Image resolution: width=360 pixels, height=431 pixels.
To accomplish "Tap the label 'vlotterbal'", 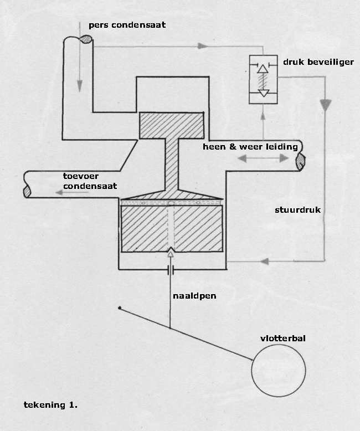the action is [283, 338].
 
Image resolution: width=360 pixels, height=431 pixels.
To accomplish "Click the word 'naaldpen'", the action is [194, 296].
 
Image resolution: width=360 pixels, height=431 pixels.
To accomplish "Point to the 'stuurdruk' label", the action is [297, 210].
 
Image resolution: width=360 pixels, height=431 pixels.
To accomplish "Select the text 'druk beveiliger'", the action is [318, 62].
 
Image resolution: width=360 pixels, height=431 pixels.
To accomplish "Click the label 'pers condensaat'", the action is [127, 25].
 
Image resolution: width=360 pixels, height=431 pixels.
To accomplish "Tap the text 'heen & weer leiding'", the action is [250, 147].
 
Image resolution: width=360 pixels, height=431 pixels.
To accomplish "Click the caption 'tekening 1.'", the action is [50, 405].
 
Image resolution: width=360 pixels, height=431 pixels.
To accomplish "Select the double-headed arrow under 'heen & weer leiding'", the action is [263, 158].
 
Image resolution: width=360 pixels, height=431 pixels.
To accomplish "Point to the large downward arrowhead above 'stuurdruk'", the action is [326, 106].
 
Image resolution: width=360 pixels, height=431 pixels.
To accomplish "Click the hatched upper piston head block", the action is [172, 125].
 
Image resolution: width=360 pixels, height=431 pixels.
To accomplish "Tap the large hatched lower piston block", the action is [172, 229].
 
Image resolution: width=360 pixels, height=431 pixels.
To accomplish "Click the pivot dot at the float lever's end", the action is [120, 308].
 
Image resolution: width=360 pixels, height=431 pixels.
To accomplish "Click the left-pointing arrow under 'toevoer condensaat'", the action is [72, 193].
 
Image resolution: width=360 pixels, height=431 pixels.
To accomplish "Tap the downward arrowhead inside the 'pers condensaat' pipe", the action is [80, 86].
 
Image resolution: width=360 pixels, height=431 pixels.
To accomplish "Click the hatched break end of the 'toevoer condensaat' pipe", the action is [27, 191].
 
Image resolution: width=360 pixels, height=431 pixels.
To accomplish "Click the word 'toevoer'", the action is [80, 176].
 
